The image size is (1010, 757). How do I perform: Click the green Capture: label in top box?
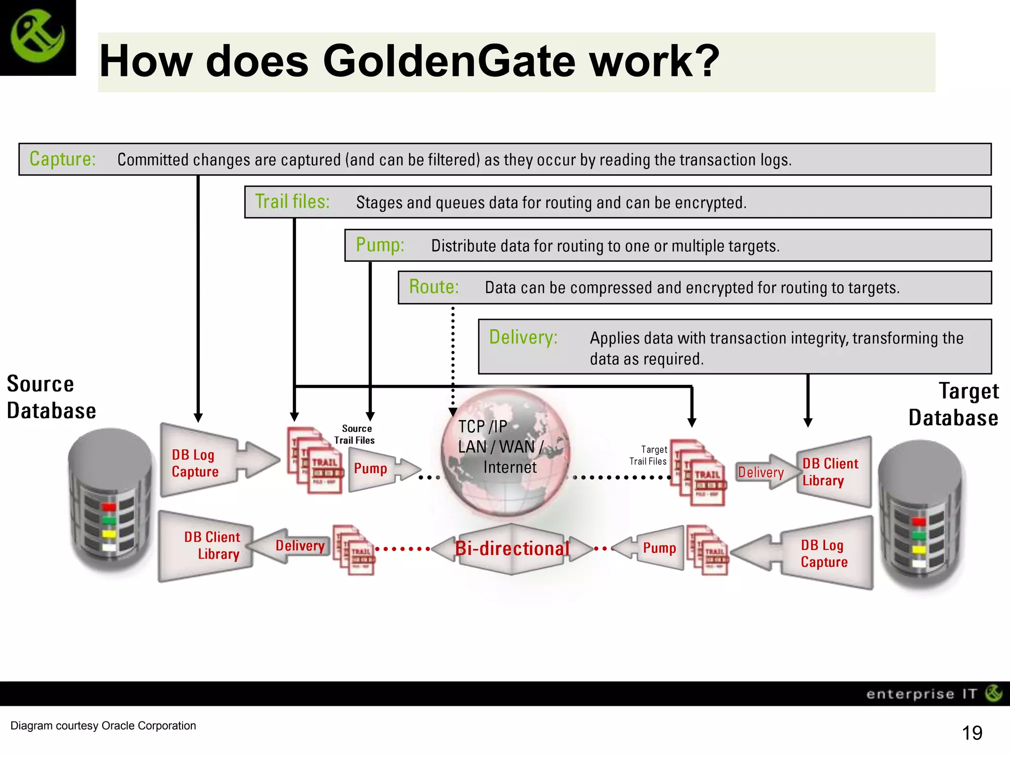click(x=62, y=159)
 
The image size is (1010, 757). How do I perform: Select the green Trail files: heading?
click(x=292, y=202)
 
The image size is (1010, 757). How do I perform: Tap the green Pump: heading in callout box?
click(x=380, y=245)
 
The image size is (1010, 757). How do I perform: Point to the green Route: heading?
click(x=433, y=287)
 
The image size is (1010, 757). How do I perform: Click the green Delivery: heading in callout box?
click(x=523, y=337)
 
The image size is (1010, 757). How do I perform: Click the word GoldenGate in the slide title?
click(x=449, y=61)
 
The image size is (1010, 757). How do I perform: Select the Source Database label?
click(x=51, y=397)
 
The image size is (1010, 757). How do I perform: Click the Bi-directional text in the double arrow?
click(x=512, y=549)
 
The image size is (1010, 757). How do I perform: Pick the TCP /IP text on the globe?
click(x=482, y=426)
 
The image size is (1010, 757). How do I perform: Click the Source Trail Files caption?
click(x=355, y=434)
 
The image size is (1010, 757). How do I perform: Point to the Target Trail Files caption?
click(x=648, y=455)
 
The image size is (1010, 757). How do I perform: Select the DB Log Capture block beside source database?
click(x=195, y=463)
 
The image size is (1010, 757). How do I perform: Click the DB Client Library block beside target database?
click(x=830, y=472)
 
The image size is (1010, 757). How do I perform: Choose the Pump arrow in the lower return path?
click(x=659, y=548)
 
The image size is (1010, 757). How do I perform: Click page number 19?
click(x=972, y=733)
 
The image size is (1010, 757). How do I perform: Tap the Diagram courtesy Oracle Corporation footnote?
click(x=103, y=725)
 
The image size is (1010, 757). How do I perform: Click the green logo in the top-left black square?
click(x=37, y=37)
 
